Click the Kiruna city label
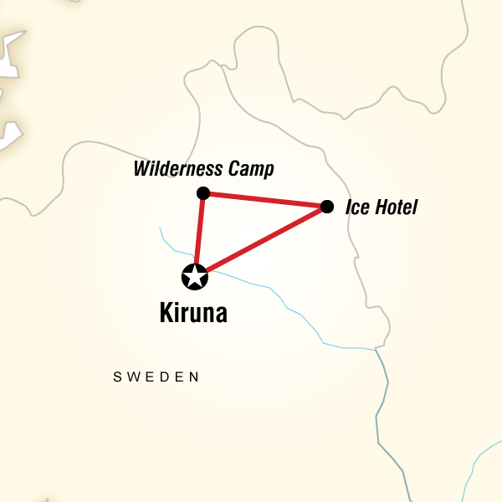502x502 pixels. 193,314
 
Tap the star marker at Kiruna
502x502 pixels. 194,276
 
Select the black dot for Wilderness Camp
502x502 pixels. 202,193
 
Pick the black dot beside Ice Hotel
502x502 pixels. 327,206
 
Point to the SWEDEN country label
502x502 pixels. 156,377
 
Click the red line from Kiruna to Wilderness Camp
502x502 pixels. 198,234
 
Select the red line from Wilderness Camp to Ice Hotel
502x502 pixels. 264,200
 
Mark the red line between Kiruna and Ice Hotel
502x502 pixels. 264,240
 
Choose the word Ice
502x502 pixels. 355,207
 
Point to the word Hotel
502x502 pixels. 394,207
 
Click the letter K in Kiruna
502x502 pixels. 166,314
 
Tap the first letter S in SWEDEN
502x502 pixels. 117,377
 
